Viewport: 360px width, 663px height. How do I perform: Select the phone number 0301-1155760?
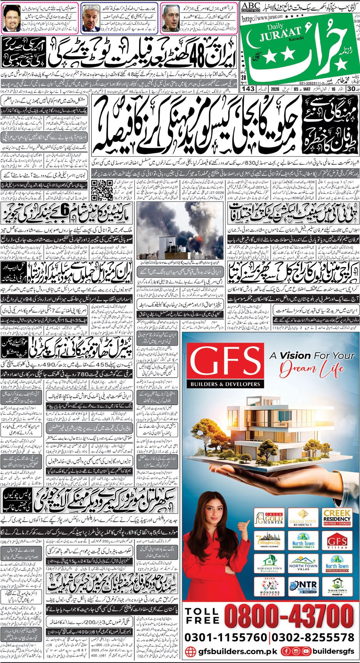pos(226,637)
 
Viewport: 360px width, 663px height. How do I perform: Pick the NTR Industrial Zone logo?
pos(303,587)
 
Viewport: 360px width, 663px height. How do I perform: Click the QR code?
pos(102,190)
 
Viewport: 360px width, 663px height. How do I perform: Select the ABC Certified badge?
pos(250,7)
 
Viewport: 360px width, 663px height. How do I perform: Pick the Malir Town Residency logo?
pos(337,587)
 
